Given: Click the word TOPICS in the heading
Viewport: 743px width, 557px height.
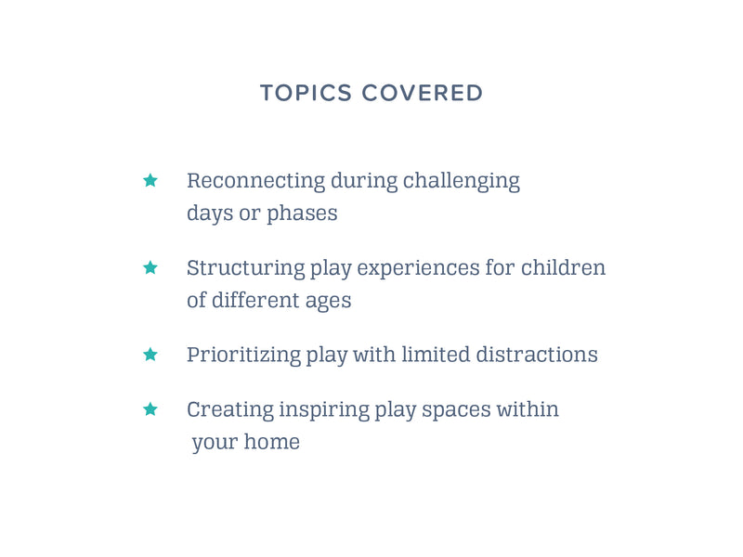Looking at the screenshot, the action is [306, 93].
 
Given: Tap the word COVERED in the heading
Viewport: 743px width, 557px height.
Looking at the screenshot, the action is [423, 93].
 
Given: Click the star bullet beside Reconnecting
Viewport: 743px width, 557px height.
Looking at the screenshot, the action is [150, 180].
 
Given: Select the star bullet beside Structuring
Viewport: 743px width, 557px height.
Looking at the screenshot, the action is [150, 267].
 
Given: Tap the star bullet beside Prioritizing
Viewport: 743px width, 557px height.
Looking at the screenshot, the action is [150, 355].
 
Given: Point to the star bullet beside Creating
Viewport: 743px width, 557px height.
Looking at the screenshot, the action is [150, 408].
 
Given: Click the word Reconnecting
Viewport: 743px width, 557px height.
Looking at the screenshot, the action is [256, 181].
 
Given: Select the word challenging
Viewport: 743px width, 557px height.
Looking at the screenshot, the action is [461, 181].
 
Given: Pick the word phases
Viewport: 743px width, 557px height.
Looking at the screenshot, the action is [303, 214].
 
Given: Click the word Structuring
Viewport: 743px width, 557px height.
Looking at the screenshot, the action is [245, 268].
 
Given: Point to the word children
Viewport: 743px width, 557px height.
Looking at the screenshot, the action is [564, 267].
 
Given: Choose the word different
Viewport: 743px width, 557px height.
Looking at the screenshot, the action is [255, 300].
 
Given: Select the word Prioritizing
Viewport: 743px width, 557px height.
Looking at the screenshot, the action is [243, 356].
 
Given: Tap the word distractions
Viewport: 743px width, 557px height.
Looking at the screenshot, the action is [537, 355].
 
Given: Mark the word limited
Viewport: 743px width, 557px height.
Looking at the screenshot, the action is [436, 355].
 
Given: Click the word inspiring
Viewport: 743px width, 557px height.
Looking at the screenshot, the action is [324, 410].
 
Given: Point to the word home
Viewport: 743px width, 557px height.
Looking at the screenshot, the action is [272, 442].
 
